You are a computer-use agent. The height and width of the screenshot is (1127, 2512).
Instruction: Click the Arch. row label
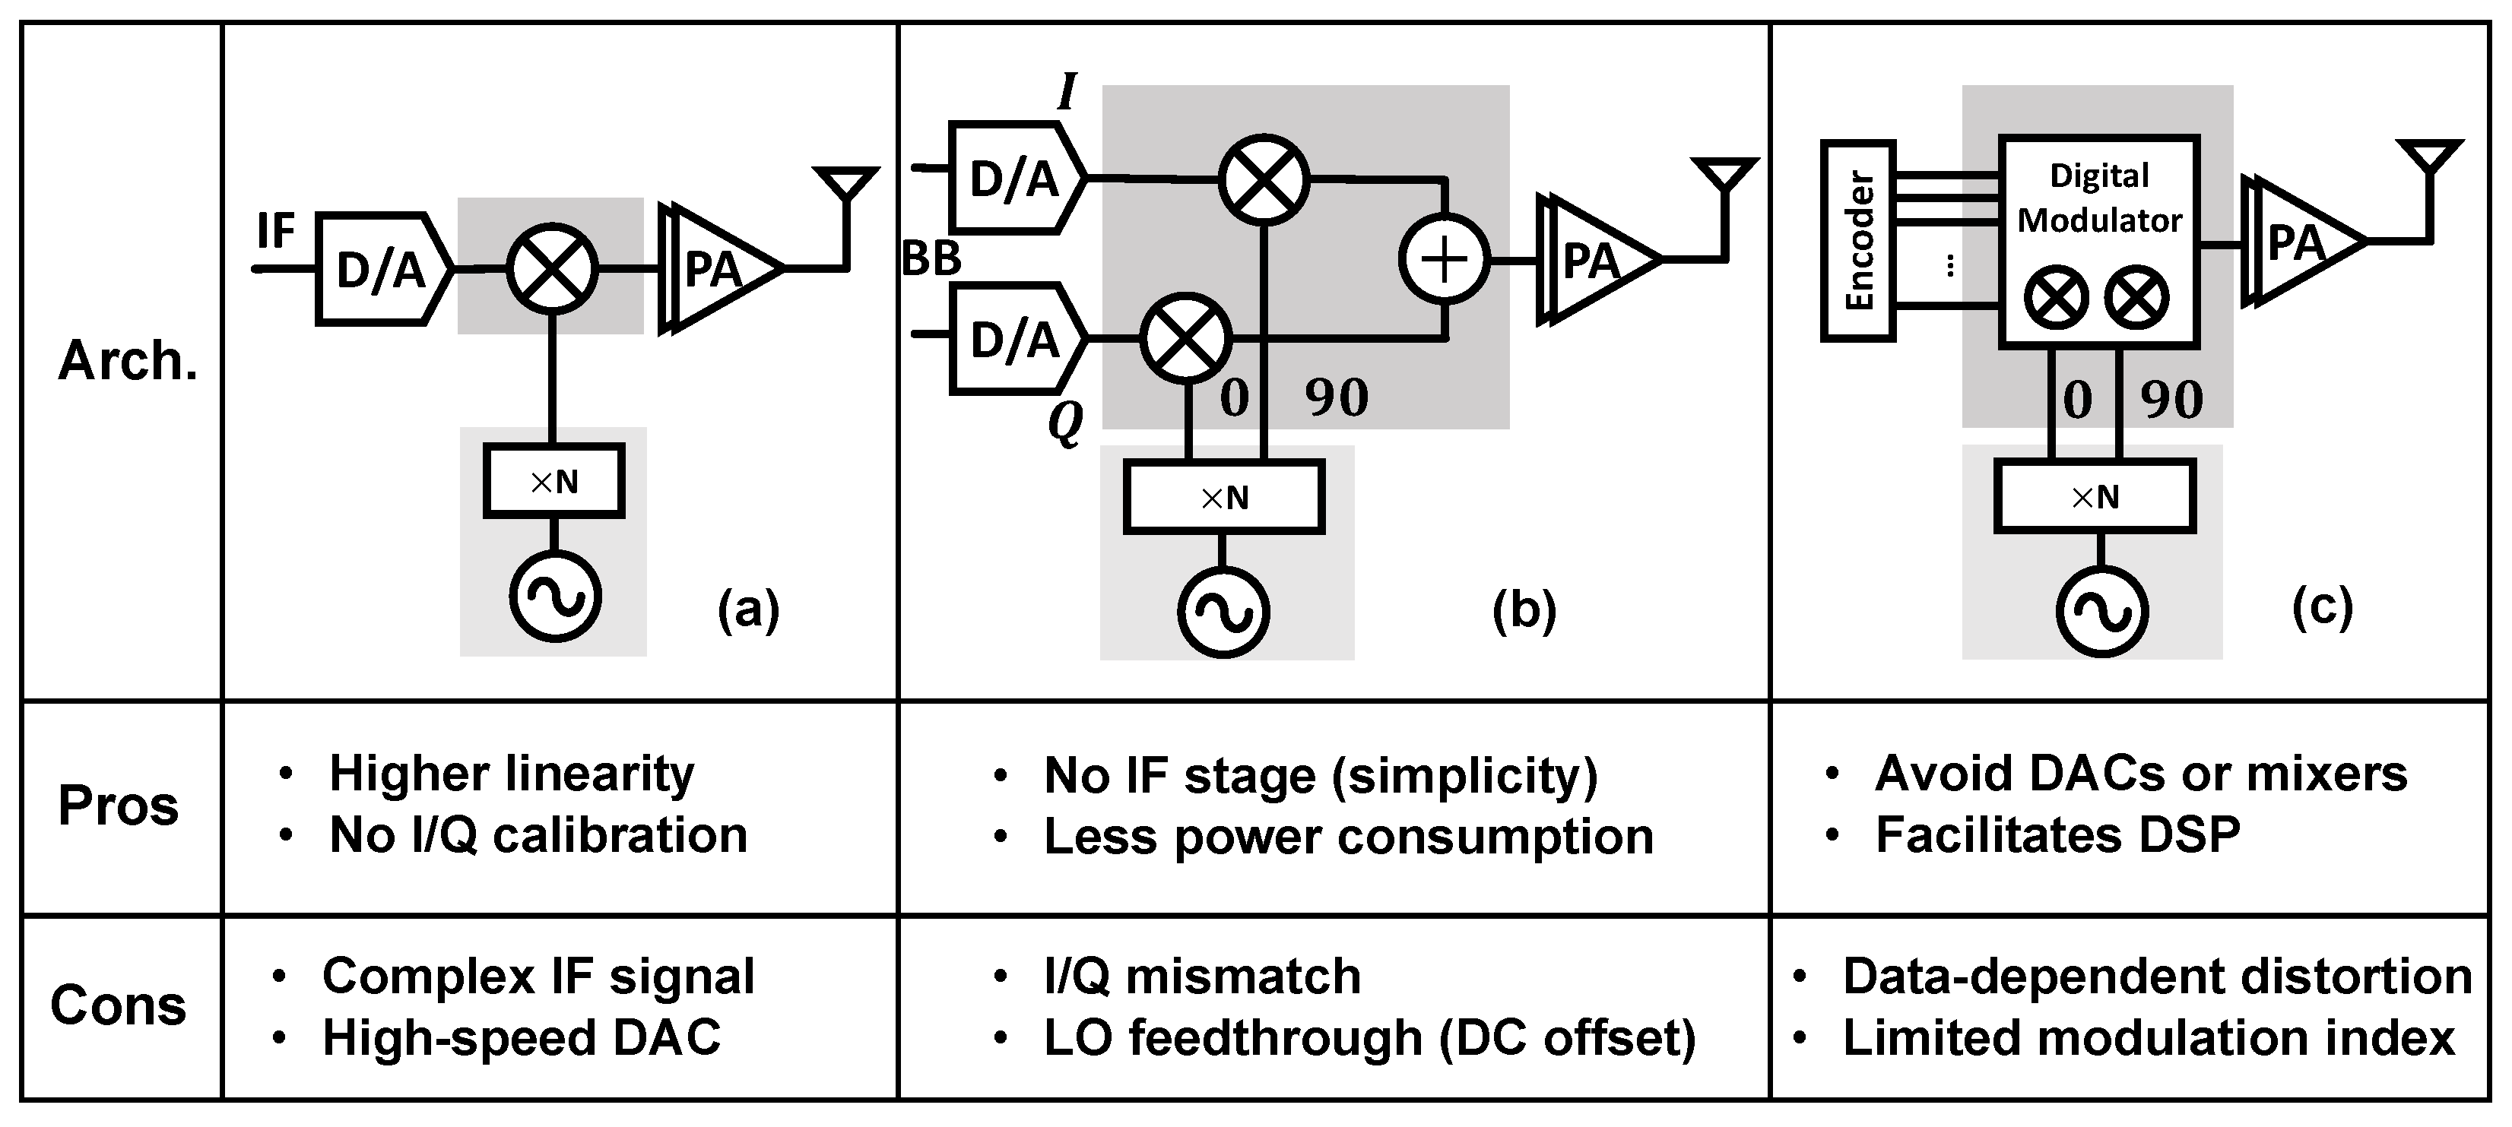coord(127,361)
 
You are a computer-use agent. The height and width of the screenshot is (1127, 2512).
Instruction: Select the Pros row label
coord(118,806)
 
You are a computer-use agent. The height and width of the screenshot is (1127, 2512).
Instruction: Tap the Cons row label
coord(118,1005)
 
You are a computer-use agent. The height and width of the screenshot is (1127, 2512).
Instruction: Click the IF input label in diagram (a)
coord(275,232)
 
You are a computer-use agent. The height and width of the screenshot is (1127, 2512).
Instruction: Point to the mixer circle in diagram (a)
coord(552,268)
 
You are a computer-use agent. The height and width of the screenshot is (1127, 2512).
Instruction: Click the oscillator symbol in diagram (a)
coord(555,596)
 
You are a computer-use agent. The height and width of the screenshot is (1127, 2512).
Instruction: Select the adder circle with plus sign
coord(1445,259)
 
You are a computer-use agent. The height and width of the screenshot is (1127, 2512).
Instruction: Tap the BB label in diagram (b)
coord(931,259)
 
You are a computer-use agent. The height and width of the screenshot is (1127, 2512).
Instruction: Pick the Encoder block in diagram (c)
coord(1857,241)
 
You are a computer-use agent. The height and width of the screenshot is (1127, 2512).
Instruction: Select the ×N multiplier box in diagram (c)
coord(2095,497)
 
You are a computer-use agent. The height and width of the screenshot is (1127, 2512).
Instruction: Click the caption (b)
coord(1524,609)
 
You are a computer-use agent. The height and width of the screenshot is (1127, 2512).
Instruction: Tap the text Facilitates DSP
coord(2057,834)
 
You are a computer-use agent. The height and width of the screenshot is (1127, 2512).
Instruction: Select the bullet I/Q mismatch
coord(1201,976)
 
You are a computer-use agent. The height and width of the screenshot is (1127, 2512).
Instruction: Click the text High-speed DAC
coord(521,1037)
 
